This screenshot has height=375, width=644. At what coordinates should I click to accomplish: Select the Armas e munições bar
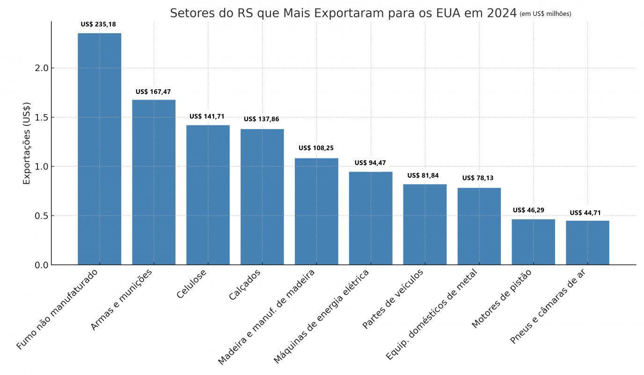[154, 182]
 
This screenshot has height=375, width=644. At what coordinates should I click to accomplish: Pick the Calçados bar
[262, 197]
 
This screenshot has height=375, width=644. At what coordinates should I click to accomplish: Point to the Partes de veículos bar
[424, 224]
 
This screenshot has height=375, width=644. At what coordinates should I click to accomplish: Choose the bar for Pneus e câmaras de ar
[587, 243]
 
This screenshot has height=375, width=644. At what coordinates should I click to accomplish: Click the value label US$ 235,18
[98, 24]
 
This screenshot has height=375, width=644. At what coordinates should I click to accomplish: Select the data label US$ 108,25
[316, 148]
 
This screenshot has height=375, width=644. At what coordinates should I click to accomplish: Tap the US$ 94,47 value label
[370, 163]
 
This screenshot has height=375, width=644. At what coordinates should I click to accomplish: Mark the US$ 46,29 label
[528, 210]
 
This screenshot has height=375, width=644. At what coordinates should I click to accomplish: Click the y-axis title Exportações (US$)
[27, 143]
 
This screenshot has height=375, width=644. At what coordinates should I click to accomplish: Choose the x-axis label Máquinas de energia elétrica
[322, 316]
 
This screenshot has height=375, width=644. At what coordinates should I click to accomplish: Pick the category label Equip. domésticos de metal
[432, 314]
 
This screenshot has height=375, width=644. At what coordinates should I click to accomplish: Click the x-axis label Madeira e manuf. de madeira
[267, 317]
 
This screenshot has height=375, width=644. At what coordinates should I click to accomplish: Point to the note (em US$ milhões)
[545, 14]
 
